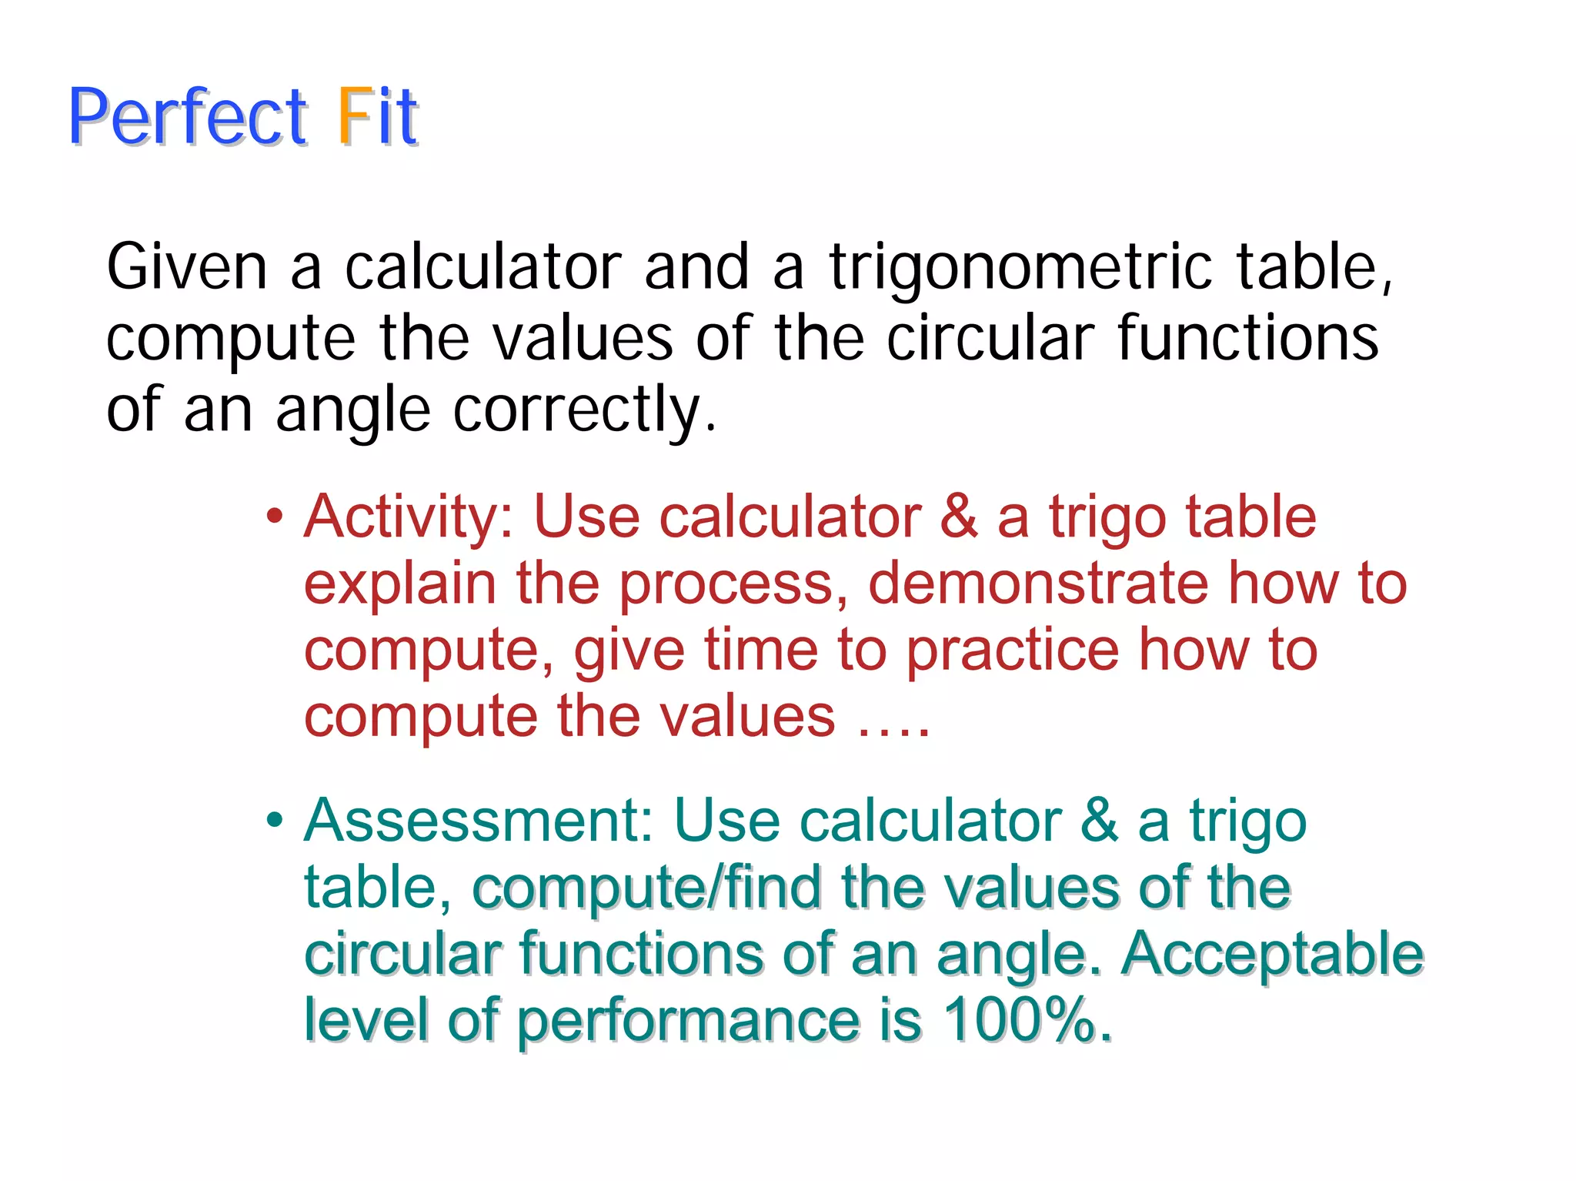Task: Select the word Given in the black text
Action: [x=187, y=266]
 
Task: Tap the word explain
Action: [x=399, y=584]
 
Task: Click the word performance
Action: [x=688, y=1022]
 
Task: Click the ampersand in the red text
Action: [x=959, y=516]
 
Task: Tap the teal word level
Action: [x=366, y=1020]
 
